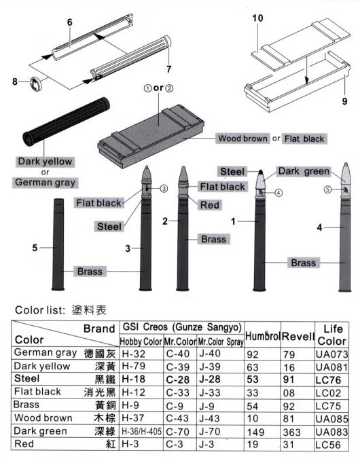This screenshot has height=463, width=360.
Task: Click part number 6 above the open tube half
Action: point(70,22)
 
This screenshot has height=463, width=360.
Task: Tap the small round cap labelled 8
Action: point(36,84)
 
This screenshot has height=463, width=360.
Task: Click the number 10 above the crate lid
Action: point(257,18)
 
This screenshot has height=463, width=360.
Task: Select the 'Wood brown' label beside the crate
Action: point(242,138)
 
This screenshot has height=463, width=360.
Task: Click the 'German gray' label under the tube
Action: point(46,182)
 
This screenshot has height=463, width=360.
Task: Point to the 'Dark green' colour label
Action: point(304,171)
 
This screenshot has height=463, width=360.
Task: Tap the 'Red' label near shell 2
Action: point(210,205)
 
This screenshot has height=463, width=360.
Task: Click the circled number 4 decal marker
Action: point(278,193)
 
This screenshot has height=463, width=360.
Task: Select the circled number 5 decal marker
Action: point(327,189)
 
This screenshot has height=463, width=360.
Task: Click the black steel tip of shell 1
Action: point(260,172)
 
